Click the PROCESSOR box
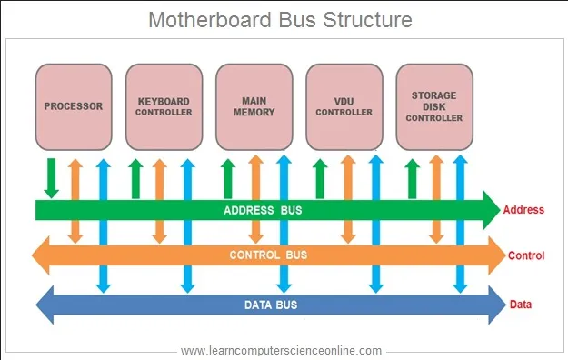(x=74, y=106)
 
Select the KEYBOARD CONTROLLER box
(x=164, y=106)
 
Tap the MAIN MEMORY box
(x=254, y=106)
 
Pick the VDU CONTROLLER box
(x=344, y=106)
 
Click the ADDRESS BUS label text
(x=263, y=211)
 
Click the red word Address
(x=523, y=210)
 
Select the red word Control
(x=526, y=255)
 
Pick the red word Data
(x=521, y=305)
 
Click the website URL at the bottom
(x=282, y=350)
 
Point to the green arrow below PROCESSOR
(x=52, y=177)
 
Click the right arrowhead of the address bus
(x=491, y=210)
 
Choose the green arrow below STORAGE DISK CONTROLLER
(x=412, y=177)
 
